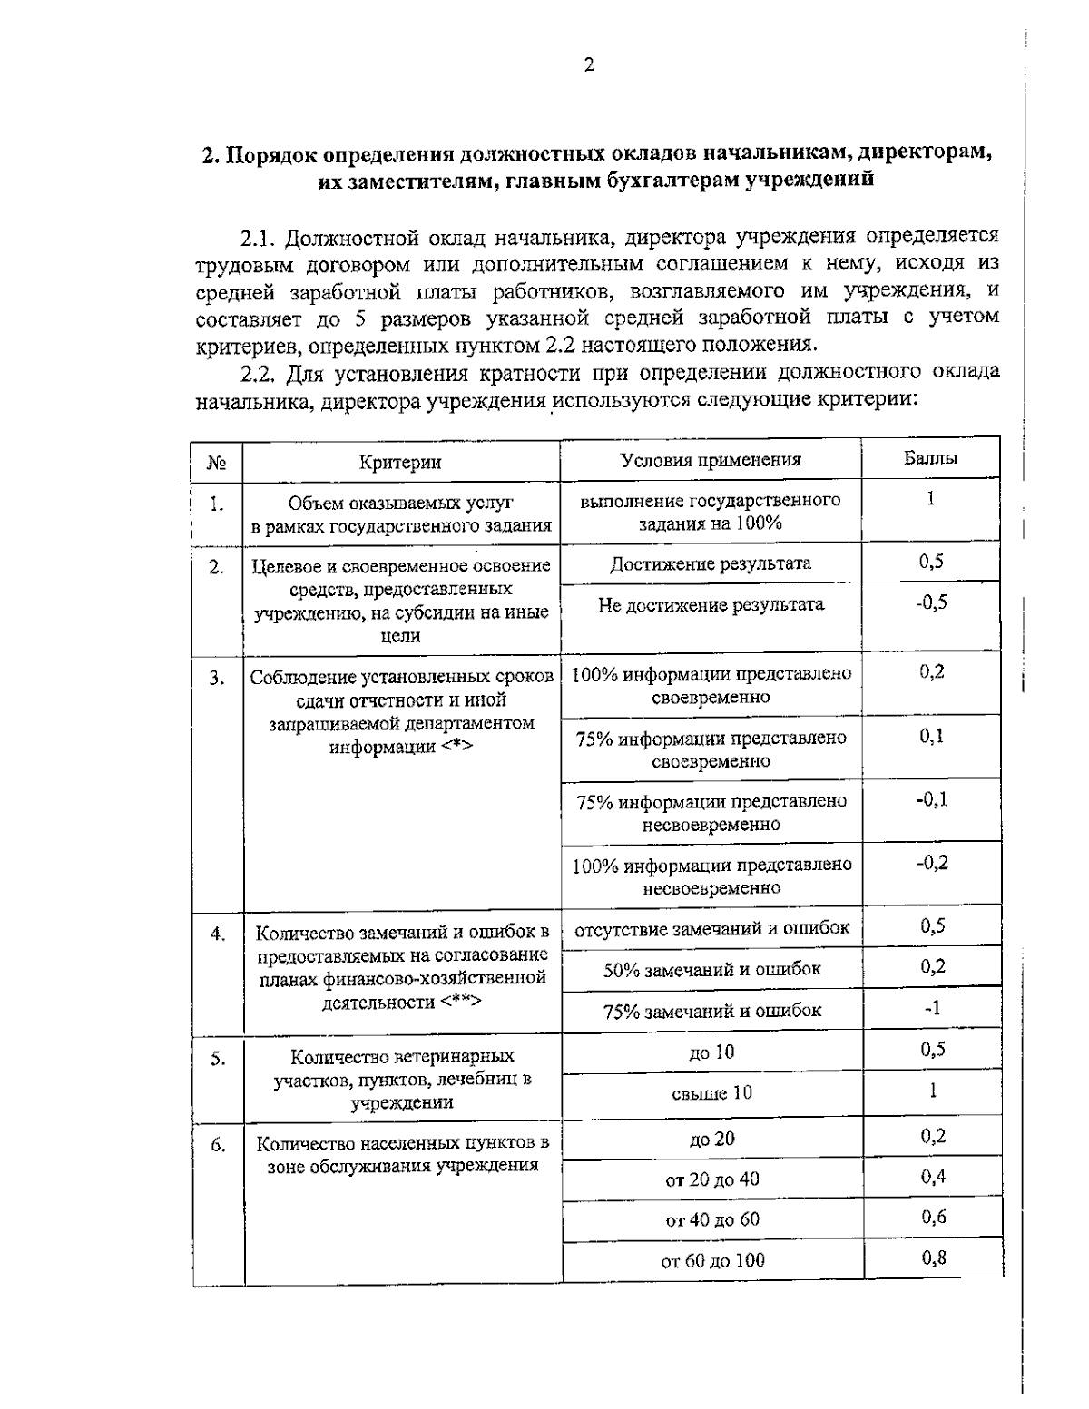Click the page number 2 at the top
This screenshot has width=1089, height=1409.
click(x=589, y=64)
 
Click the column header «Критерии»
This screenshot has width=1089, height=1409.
click(x=400, y=463)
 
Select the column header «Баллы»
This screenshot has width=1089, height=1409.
click(x=930, y=459)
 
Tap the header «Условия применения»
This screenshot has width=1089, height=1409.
click(x=711, y=460)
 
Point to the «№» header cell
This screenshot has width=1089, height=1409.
click(x=217, y=464)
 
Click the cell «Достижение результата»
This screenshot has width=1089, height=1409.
click(x=711, y=563)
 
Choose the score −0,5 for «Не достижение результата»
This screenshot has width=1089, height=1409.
click(x=930, y=602)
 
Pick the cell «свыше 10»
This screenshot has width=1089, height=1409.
click(x=711, y=1093)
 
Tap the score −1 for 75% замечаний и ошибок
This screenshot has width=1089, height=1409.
click(x=932, y=1008)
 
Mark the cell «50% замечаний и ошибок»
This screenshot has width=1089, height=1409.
click(x=712, y=969)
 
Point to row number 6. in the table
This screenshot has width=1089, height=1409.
click(x=218, y=1145)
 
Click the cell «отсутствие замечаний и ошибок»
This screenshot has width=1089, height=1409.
click(x=712, y=928)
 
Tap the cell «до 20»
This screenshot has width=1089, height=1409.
click(x=712, y=1139)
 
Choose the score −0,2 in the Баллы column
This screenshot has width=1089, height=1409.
click(x=931, y=862)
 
